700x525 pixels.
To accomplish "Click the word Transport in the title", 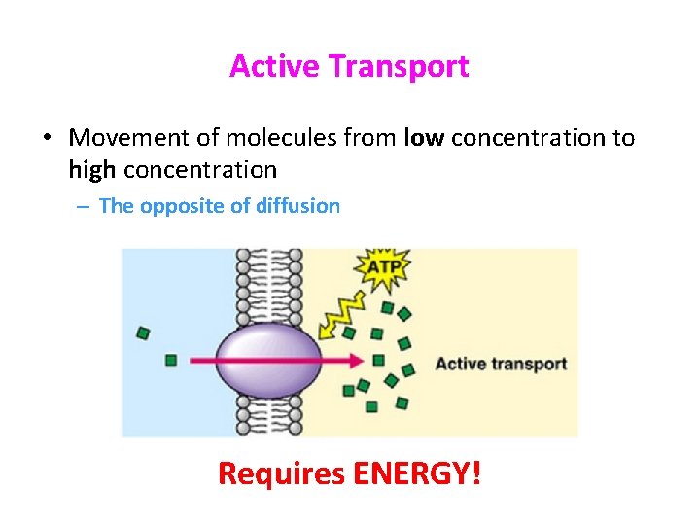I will (x=399, y=66).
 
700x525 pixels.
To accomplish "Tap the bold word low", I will (x=424, y=138).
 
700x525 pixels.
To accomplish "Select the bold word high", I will (x=92, y=170).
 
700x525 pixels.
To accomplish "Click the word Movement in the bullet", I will (x=131, y=138).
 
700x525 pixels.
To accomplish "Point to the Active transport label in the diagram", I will (x=501, y=364).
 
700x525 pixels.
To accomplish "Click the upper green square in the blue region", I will (x=143, y=333).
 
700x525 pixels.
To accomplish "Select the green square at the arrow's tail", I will (x=171, y=360).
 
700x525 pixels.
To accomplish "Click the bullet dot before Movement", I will (x=47, y=139).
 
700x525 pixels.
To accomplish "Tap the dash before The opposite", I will (x=86, y=206).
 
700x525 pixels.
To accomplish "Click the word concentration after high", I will (x=200, y=170).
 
